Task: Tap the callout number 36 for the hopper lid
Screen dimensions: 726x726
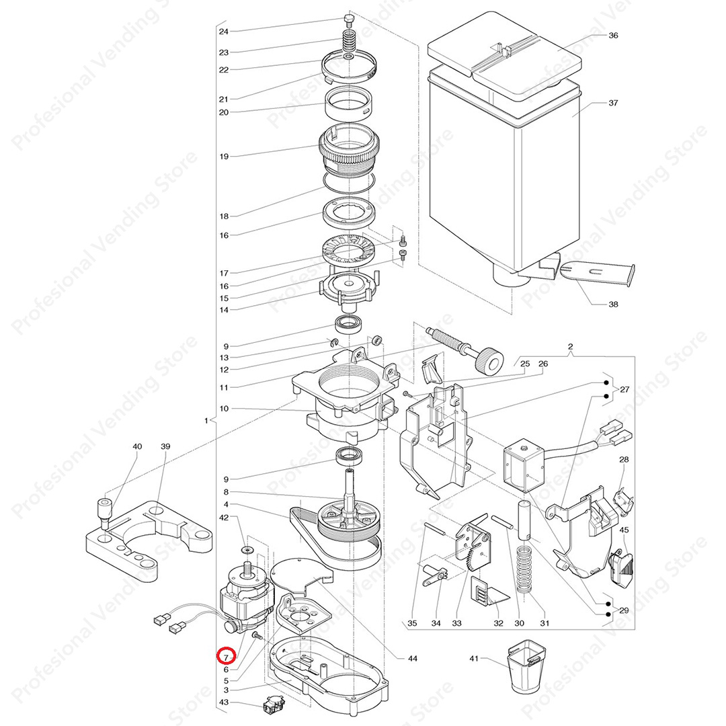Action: click(612, 36)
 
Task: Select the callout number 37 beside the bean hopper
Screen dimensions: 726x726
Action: click(612, 104)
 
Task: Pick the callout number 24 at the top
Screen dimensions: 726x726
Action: click(223, 32)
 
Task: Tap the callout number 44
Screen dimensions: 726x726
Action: click(412, 658)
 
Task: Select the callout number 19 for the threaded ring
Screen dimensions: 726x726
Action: click(223, 157)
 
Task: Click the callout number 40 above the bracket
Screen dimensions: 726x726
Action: click(137, 446)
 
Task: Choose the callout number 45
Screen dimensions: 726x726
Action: click(624, 530)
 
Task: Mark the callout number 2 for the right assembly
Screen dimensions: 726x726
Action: click(570, 347)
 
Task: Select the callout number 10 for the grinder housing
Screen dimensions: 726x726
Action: click(223, 409)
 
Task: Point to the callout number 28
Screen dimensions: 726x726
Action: click(624, 460)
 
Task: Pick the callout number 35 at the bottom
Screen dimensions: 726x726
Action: click(412, 623)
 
